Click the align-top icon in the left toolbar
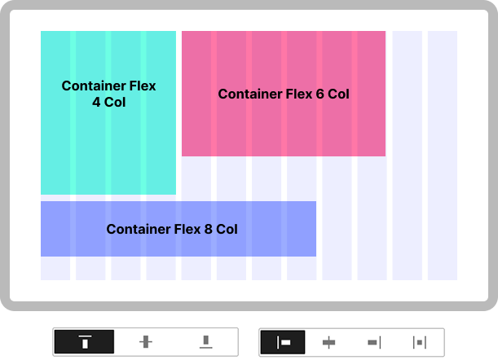85,342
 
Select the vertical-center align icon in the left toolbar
146,342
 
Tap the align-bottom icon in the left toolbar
206,342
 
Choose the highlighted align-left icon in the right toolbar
284,342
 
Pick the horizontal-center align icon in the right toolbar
329,342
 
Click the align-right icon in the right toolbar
375,342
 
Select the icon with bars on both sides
420,342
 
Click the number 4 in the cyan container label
97,102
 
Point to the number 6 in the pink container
319,94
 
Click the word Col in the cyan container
116,102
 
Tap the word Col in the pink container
338,94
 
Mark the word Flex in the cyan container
141,86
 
